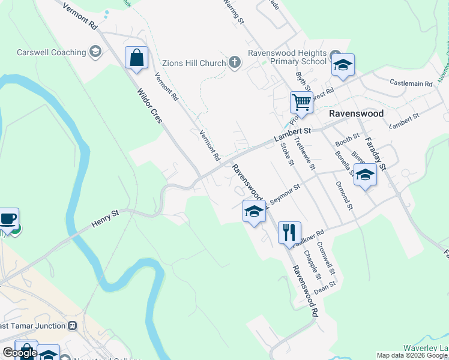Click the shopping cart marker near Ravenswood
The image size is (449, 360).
(x=301, y=101)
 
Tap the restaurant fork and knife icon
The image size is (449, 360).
(x=289, y=232)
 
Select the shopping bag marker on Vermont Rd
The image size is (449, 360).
(x=137, y=58)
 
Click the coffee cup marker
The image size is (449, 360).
(x=8, y=218)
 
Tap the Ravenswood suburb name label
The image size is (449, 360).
(x=356, y=113)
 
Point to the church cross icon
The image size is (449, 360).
(x=235, y=62)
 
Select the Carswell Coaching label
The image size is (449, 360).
(x=51, y=52)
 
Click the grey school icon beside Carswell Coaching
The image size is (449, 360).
(x=95, y=52)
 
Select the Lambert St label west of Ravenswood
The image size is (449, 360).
(x=293, y=135)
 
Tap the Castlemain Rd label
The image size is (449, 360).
(x=411, y=82)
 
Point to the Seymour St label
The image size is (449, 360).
(x=286, y=191)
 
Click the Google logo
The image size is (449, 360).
(x=20, y=353)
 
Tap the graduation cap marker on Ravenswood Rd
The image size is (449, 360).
(x=254, y=211)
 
